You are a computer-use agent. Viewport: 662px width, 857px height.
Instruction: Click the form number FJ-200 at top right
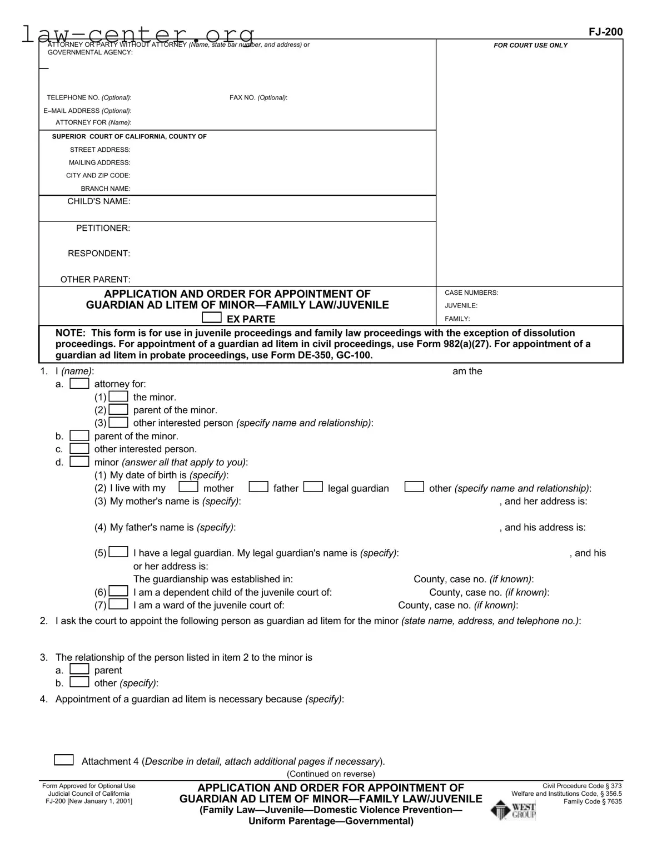605,32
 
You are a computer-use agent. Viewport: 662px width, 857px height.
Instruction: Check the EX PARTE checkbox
211,318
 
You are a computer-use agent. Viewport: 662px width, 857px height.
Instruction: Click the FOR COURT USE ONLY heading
530,46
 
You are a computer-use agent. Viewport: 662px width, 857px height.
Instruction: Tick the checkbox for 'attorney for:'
79,384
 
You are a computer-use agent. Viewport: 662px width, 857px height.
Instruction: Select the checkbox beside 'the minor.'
118,397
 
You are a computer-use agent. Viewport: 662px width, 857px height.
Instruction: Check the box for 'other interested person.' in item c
79,449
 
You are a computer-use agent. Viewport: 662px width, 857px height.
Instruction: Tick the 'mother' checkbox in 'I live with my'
188,488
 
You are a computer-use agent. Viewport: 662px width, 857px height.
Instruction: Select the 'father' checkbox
258,488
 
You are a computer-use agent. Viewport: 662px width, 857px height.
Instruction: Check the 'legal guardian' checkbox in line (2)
313,488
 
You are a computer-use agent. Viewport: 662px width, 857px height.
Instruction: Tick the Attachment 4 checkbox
64,760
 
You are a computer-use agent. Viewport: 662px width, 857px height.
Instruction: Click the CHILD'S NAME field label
99,201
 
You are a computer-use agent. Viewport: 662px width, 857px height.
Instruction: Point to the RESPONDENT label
99,254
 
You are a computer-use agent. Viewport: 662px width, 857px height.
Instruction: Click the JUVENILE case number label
461,306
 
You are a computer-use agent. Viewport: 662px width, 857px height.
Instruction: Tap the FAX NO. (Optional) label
258,98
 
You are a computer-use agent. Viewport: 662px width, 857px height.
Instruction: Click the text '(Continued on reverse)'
331,774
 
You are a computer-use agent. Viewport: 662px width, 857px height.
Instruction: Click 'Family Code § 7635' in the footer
593,801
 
